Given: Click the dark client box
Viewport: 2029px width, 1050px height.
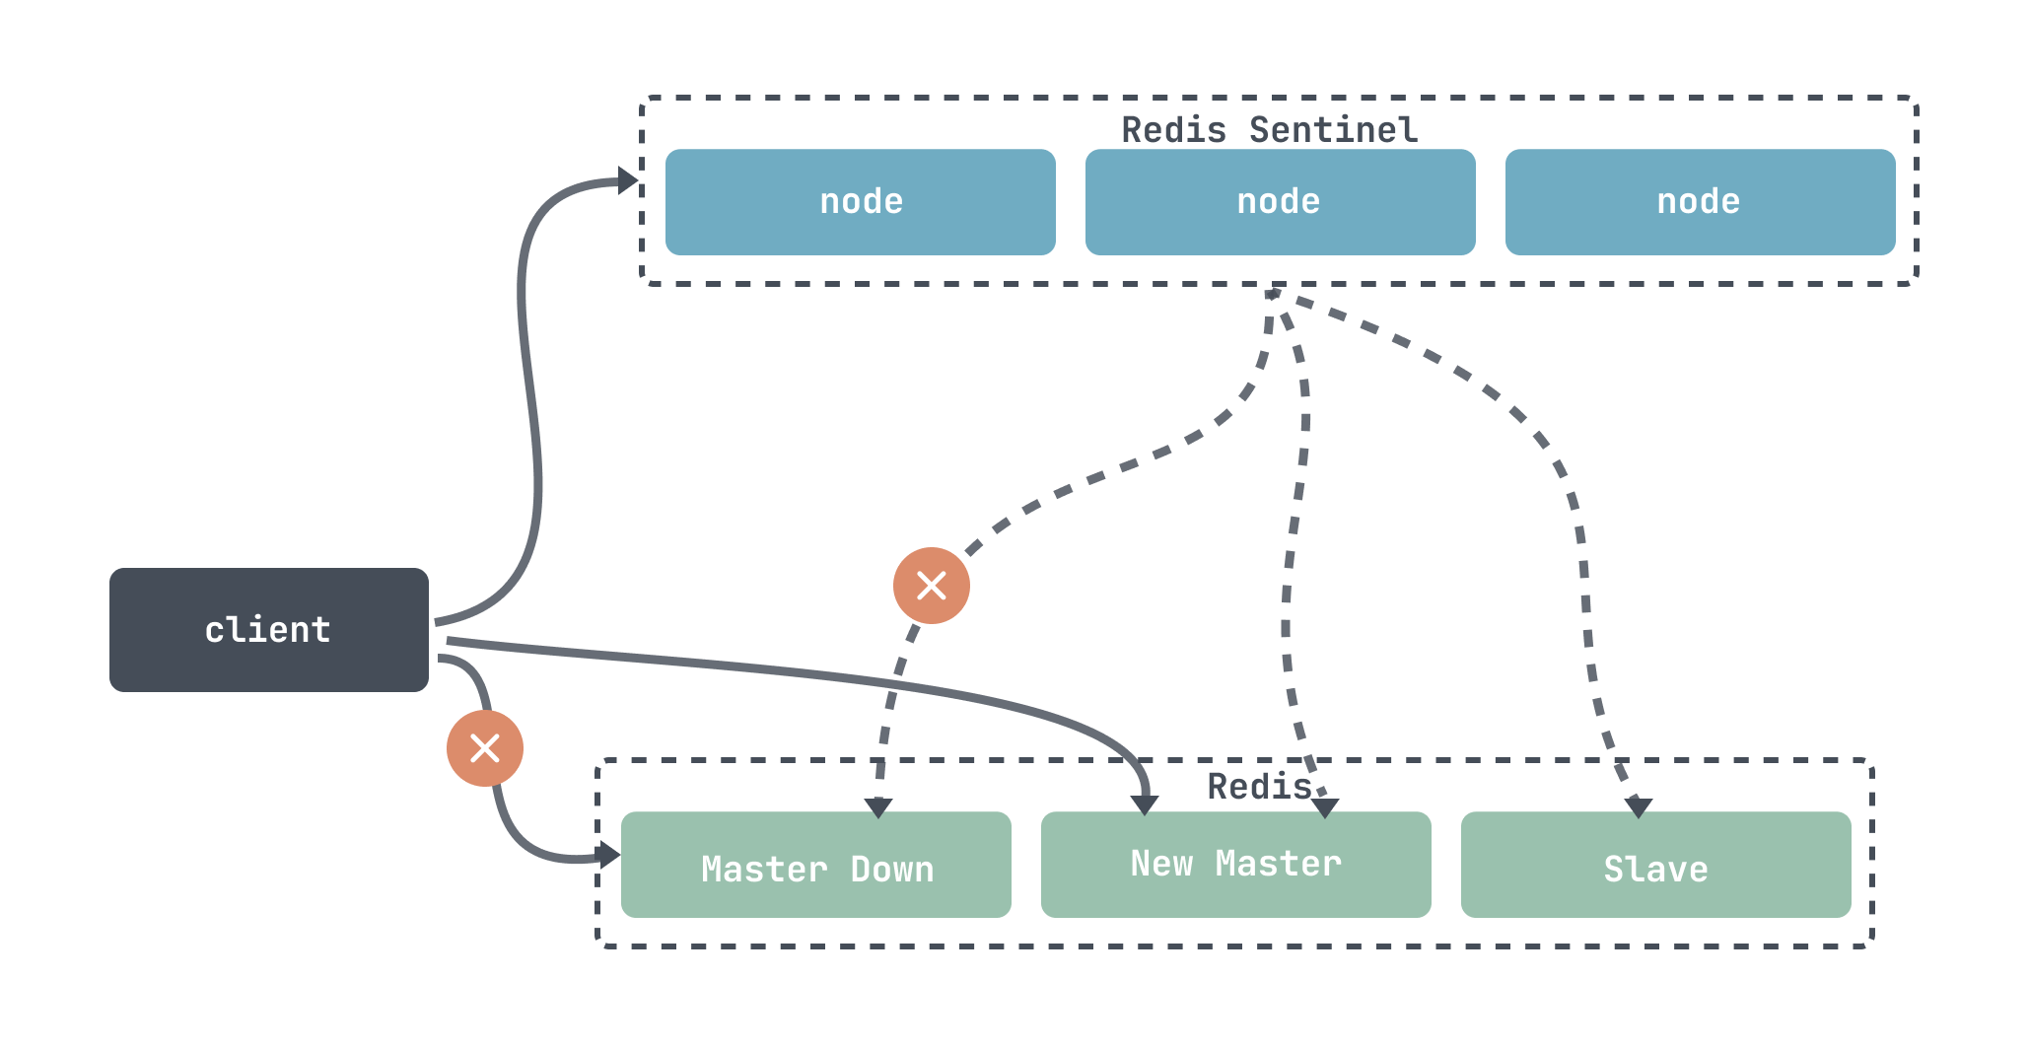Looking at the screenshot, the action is tap(269, 630).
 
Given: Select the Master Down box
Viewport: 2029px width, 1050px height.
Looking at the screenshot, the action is tap(816, 865).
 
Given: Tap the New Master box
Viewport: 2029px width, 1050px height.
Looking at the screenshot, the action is tap(1236, 865).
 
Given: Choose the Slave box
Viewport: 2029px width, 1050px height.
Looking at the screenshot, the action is tap(1656, 865).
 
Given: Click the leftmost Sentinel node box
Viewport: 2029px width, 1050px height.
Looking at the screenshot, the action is tap(861, 202).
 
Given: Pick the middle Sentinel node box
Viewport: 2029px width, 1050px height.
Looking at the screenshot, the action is tap(1281, 202).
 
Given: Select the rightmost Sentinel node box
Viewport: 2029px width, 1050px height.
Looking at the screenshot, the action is tap(1701, 202).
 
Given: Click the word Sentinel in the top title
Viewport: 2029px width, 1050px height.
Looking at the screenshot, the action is tap(1334, 130).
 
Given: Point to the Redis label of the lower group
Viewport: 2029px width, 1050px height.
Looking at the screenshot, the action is tap(1260, 787).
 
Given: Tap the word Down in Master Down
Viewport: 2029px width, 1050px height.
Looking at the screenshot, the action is tap(892, 870).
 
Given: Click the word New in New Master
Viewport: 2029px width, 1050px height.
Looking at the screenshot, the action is tap(1161, 864).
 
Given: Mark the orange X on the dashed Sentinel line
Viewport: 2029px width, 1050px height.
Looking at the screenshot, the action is tap(932, 586).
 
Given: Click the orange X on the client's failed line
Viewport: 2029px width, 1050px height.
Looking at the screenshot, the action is tap(485, 748).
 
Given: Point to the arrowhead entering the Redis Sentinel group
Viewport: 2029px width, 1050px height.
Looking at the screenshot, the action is tap(629, 180).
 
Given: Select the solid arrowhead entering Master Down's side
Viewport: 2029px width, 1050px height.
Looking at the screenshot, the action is tap(610, 855).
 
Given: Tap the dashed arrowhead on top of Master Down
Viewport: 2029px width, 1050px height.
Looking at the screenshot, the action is tap(878, 808).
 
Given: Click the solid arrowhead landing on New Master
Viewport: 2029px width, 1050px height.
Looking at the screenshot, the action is tap(1145, 805).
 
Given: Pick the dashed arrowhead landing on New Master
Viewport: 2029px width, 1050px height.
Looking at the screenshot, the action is tap(1326, 808).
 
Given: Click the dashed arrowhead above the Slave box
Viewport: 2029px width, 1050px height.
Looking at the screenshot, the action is tap(1639, 808).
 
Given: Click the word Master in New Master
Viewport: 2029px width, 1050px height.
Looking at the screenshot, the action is tap(1279, 864).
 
